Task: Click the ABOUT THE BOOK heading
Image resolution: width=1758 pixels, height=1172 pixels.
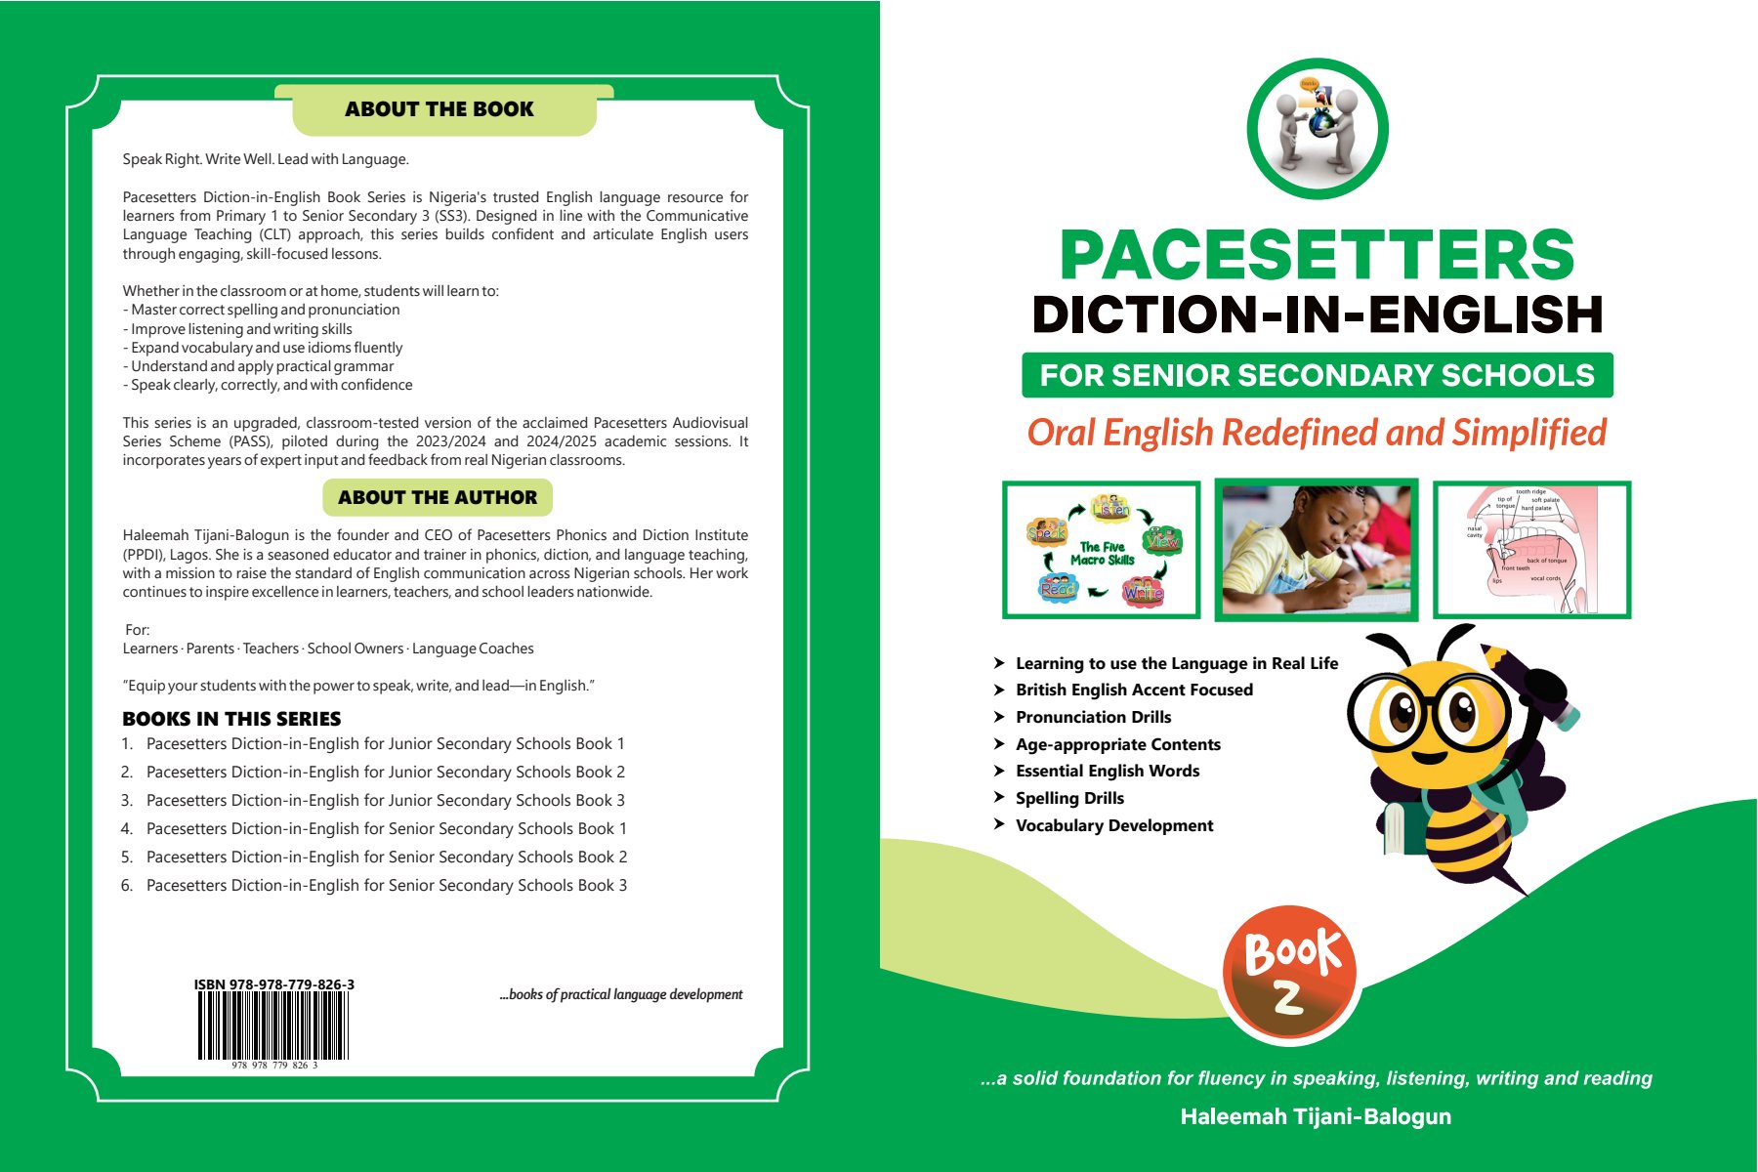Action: click(439, 109)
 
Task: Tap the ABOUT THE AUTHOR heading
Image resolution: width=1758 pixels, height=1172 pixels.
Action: click(438, 497)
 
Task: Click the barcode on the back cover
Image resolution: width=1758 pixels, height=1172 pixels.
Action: click(273, 1025)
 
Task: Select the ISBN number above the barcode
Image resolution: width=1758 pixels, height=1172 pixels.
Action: click(273, 984)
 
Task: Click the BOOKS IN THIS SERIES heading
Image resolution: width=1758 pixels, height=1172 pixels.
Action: click(231, 719)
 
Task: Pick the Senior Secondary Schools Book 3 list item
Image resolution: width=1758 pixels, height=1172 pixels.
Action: click(386, 886)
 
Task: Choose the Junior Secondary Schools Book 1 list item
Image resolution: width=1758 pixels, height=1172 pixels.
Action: click(385, 744)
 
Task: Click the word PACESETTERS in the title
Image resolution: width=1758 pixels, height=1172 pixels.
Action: click(1317, 256)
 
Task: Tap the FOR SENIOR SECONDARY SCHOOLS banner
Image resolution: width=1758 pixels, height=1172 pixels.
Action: click(1317, 375)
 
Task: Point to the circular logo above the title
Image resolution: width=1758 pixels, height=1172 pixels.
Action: click(1318, 129)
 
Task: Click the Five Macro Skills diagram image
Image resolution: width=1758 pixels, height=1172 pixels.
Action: click(1102, 550)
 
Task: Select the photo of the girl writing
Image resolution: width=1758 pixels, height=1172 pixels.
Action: click(1317, 550)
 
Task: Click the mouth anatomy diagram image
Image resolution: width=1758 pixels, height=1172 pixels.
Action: click(1531, 550)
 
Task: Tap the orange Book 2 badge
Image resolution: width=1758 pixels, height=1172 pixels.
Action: click(1290, 975)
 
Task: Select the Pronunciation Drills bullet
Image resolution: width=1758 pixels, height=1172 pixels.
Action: click(1093, 717)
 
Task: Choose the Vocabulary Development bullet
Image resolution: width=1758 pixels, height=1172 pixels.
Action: click(1114, 825)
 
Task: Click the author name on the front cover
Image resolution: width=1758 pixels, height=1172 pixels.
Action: click(1316, 1116)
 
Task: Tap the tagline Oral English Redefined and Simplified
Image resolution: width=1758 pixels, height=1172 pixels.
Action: click(1317, 433)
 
